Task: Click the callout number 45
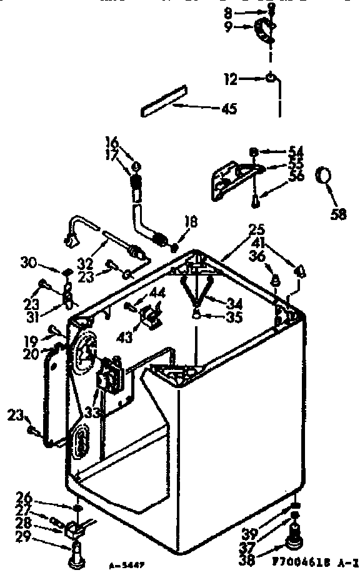[229, 109]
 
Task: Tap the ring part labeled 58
[323, 176]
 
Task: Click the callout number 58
[337, 214]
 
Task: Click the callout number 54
[296, 151]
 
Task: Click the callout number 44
[157, 293]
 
